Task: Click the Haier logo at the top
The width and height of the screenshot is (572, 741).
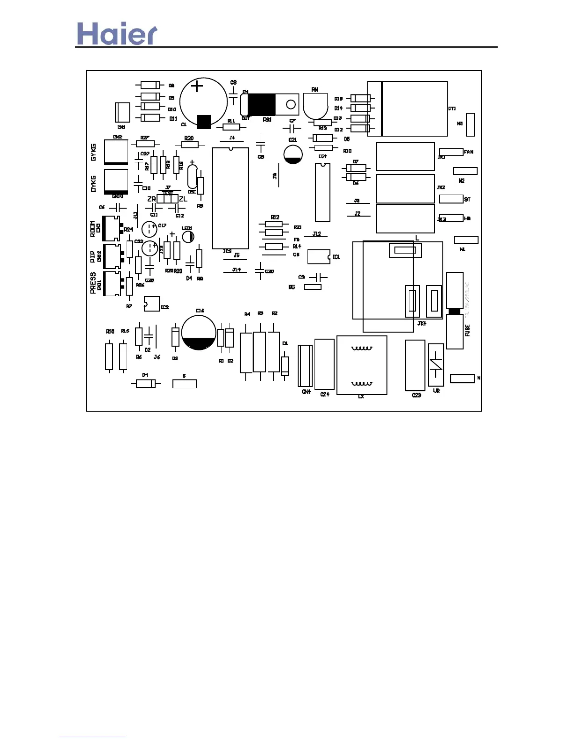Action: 117,34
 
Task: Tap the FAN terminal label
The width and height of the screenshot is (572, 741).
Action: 468,152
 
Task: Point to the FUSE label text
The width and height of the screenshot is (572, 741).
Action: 467,330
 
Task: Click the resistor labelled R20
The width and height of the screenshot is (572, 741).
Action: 189,145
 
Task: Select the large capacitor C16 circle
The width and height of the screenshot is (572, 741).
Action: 199,333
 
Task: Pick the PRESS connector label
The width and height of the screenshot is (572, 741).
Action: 93,283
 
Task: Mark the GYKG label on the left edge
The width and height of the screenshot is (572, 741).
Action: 93,153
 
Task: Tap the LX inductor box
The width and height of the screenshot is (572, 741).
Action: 362,365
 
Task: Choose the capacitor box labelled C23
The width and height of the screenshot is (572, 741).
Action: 415,365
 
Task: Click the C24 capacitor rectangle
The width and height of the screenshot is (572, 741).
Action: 324,364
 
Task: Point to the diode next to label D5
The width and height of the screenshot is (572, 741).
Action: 322,138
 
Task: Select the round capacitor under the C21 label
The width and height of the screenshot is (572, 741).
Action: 293,154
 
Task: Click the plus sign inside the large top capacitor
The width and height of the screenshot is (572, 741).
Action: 198,87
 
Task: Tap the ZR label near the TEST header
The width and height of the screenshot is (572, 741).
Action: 151,199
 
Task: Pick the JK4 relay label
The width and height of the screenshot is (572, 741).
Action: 422,323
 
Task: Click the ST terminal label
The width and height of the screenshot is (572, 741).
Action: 467,199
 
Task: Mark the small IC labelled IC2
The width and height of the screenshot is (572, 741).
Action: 152,304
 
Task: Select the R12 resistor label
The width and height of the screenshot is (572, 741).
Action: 275,217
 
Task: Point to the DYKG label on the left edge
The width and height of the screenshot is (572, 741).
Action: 93,184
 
